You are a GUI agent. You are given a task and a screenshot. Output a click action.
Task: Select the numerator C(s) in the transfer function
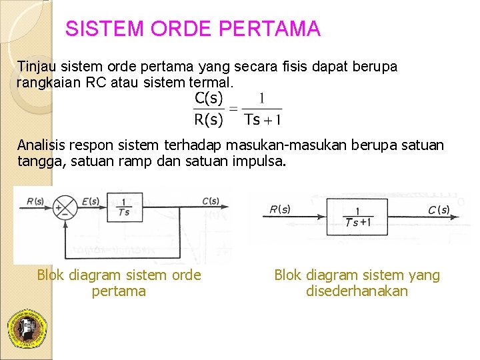209,99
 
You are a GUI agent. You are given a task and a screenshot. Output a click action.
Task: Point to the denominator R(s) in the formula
209,120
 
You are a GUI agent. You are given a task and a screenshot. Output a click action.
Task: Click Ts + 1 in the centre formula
263,120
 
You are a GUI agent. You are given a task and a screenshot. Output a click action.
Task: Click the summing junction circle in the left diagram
65,208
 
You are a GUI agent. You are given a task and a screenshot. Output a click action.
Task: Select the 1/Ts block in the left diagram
123,207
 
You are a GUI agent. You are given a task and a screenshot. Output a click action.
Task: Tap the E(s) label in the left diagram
91,201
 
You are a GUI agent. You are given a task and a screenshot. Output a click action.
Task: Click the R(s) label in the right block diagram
280,209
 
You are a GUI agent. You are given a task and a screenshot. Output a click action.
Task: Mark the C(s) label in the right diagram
439,210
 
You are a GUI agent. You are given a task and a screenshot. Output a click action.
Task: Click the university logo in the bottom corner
26,329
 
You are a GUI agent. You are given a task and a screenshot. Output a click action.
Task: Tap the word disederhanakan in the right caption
357,291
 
